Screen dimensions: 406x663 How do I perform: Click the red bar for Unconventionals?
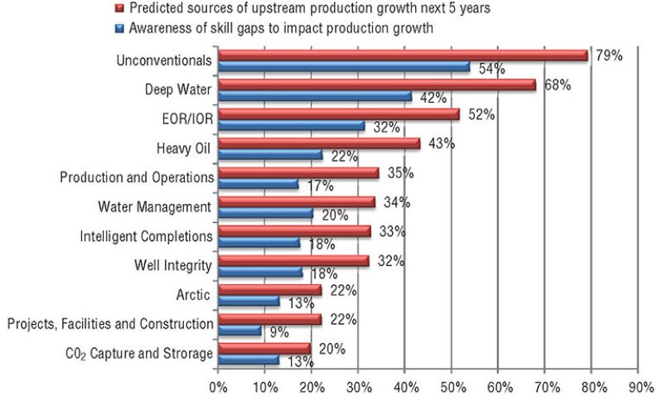pyautogui.click(x=402, y=56)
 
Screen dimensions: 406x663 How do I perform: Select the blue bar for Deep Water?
pyautogui.click(x=315, y=97)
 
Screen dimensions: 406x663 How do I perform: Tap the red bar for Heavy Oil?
pyautogui.click(x=319, y=144)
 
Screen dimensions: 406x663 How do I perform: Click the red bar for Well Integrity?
pyautogui.click(x=293, y=261)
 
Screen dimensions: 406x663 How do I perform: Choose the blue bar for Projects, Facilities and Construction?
pyautogui.click(x=240, y=331)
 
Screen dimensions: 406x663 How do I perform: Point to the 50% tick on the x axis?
pyautogui.click(x=451, y=385)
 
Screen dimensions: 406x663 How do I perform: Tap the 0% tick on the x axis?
pyautogui.click(x=218, y=385)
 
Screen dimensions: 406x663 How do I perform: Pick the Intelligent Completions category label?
pyautogui.click(x=147, y=236)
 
